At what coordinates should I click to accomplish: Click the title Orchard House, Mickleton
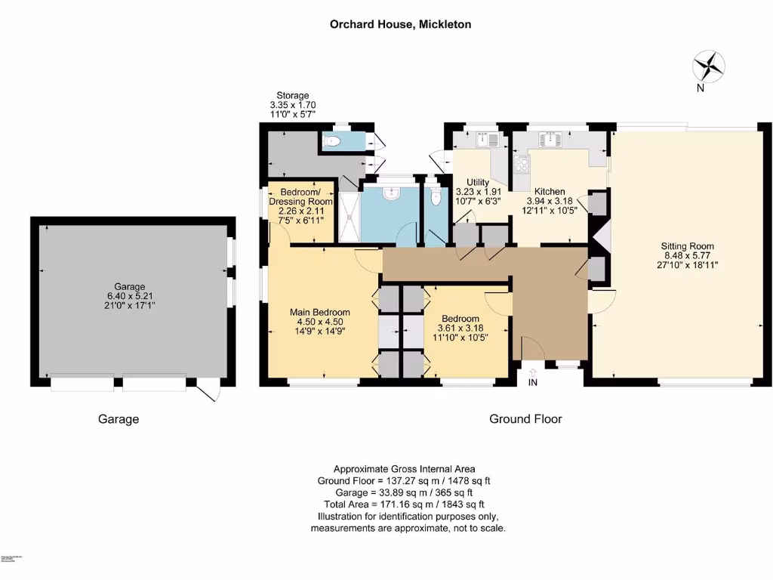pyautogui.click(x=400, y=24)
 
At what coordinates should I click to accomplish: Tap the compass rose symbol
pyautogui.click(x=709, y=66)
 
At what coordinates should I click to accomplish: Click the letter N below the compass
pyautogui.click(x=701, y=88)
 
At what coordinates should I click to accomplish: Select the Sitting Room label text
pyautogui.click(x=687, y=246)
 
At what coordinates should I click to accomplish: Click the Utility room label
pyautogui.click(x=478, y=182)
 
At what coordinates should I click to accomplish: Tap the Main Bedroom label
pyautogui.click(x=320, y=312)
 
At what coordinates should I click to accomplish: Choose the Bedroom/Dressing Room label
pyautogui.click(x=301, y=196)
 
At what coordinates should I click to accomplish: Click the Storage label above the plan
pyautogui.click(x=292, y=95)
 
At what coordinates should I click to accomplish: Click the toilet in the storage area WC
pyautogui.click(x=332, y=140)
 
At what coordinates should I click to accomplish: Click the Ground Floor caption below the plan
pyautogui.click(x=525, y=418)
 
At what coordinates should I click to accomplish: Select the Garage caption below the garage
pyautogui.click(x=119, y=418)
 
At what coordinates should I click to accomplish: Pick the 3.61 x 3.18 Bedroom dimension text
pyautogui.click(x=462, y=328)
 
